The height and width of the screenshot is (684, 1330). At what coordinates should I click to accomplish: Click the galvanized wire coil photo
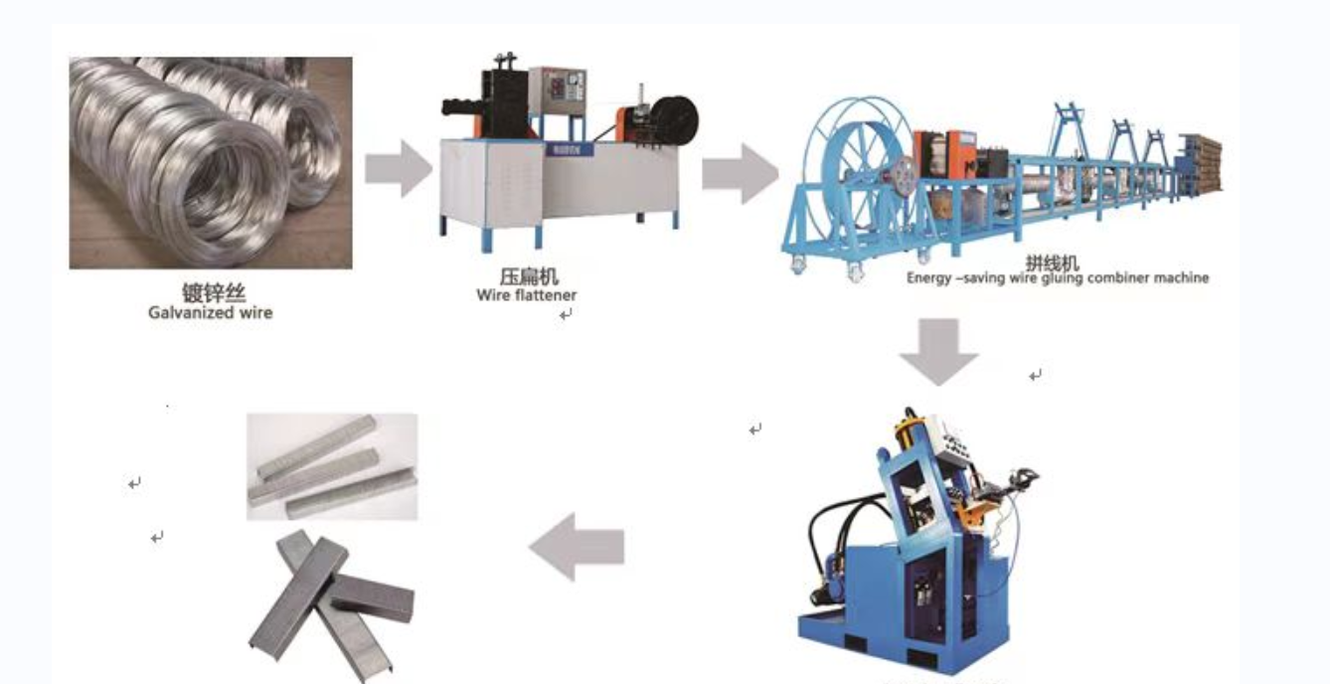pyautogui.click(x=210, y=162)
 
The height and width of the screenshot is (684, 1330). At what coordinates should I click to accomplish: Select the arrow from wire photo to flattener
pyautogui.click(x=397, y=167)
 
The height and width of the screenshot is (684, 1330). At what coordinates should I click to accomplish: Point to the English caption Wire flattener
pyautogui.click(x=526, y=294)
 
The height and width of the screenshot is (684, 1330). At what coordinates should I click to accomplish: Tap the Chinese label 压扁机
pyautogui.click(x=529, y=276)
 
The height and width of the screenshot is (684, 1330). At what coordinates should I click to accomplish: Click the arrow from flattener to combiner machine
pyautogui.click(x=739, y=172)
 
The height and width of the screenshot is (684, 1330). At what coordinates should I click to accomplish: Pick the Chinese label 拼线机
pyautogui.click(x=1052, y=263)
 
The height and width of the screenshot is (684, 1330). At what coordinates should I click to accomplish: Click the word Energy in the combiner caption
pyautogui.click(x=929, y=278)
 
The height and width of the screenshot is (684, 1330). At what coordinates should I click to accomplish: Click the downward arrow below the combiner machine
pyautogui.click(x=938, y=351)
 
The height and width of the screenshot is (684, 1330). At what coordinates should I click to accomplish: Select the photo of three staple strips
pyautogui.click(x=332, y=466)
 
